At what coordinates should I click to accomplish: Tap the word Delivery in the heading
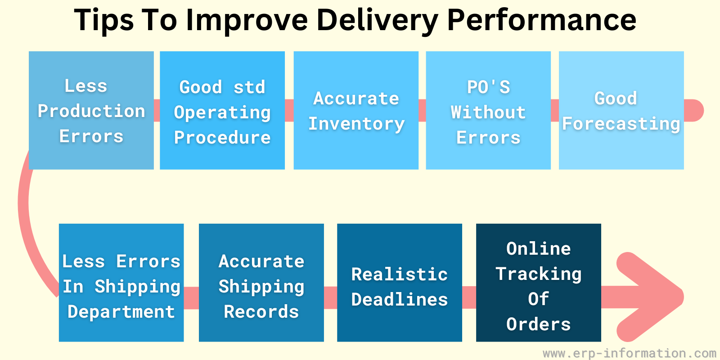[x=378, y=21]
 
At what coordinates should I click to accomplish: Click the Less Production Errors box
[x=91, y=110]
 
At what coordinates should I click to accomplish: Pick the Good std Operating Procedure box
[x=222, y=110]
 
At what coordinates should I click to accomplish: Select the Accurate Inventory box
[x=356, y=110]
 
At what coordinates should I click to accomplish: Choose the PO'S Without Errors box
[x=488, y=110]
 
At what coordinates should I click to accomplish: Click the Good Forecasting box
[x=621, y=110]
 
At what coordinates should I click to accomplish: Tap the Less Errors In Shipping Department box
[x=121, y=283]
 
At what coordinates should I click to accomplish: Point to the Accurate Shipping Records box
[x=261, y=283]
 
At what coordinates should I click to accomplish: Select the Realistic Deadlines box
[x=400, y=283]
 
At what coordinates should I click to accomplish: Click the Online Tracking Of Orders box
[x=538, y=283]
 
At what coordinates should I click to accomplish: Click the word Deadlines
[x=400, y=300]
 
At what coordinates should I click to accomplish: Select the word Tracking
[x=538, y=274]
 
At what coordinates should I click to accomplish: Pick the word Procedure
[x=222, y=138]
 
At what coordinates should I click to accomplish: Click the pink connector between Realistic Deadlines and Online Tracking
[x=469, y=297]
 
